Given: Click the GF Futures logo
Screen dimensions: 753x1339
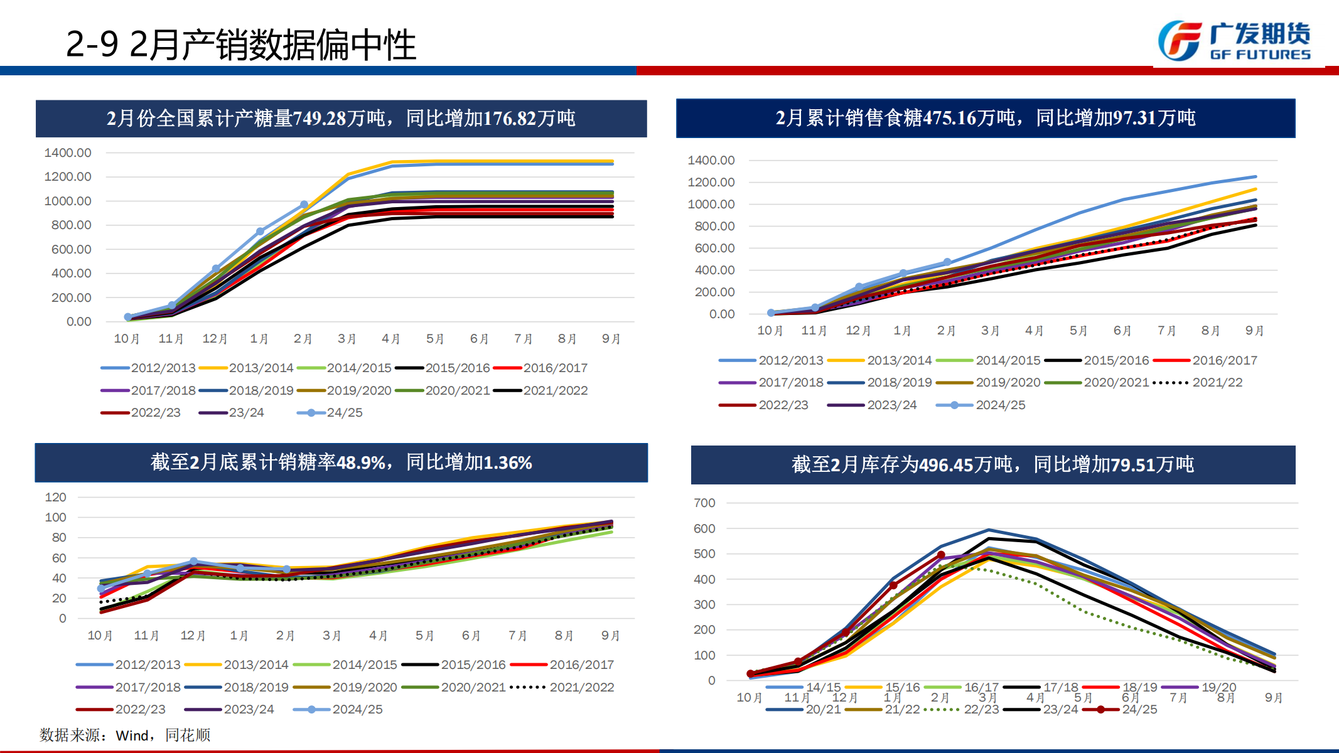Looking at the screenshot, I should pyautogui.click(x=1234, y=41).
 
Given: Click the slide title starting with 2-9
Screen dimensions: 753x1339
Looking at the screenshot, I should pyautogui.click(x=240, y=45).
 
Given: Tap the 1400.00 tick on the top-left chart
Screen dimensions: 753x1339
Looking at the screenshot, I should pyautogui.click(x=68, y=152).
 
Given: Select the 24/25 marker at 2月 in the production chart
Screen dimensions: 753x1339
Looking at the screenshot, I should pyautogui.click(x=304, y=205).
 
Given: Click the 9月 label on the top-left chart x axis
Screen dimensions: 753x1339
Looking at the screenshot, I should pyautogui.click(x=611, y=339).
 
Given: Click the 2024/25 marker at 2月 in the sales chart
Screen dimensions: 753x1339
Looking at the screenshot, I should pyautogui.click(x=947, y=262).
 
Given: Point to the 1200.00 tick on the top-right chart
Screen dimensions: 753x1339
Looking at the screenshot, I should pyautogui.click(x=711, y=182).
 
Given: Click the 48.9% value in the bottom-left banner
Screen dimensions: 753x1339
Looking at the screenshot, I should pyautogui.click(x=360, y=462).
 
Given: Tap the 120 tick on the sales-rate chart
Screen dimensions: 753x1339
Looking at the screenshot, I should pyautogui.click(x=55, y=497).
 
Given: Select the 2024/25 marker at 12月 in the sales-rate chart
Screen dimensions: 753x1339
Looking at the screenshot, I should pyautogui.click(x=193, y=562).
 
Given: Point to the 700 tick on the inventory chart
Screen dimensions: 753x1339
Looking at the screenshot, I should pyautogui.click(x=704, y=503).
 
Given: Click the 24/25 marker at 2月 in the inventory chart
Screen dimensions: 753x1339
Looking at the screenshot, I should pyautogui.click(x=941, y=555).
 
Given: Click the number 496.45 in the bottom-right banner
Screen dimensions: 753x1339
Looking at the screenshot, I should pyautogui.click(x=946, y=465).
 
